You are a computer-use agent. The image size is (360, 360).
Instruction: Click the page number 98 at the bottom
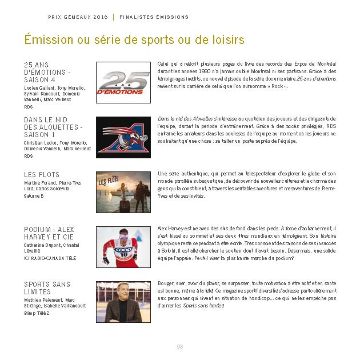click(180, 346)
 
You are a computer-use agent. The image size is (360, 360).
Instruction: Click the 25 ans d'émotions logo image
click(123, 83)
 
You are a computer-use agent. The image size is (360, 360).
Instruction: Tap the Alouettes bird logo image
click(123, 137)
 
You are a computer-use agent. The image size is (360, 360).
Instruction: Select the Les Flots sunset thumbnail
click(123, 192)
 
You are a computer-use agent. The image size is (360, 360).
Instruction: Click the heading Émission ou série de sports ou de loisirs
click(134, 40)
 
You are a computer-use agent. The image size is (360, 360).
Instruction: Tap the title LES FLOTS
click(42, 175)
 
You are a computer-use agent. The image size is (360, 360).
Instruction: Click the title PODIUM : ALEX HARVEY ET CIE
click(49, 233)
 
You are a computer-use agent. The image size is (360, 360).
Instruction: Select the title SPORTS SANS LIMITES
click(47, 288)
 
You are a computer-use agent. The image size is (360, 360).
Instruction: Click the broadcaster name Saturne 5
click(34, 196)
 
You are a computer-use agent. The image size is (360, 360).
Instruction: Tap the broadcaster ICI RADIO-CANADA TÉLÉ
click(49, 258)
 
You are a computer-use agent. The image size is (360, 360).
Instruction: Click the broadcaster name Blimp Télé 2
click(37, 313)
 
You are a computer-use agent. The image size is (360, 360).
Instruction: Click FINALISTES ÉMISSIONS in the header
click(154, 17)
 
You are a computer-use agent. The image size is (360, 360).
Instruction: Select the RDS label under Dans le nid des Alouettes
click(29, 155)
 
